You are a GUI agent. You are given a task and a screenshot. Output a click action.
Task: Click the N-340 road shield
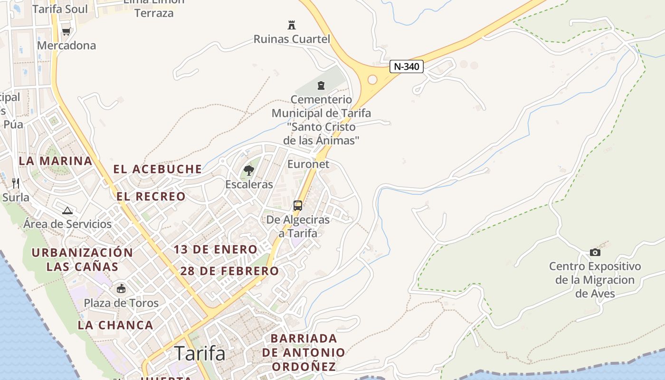coord(407,66)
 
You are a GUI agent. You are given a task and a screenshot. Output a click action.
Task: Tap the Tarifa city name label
coord(199,353)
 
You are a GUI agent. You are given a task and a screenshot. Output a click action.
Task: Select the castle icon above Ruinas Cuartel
coord(292,25)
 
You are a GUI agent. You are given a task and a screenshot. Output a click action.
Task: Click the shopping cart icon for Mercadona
coord(66,31)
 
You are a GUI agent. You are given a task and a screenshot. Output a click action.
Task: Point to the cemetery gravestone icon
coord(321,86)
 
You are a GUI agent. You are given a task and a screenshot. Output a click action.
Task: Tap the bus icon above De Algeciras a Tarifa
coord(298,206)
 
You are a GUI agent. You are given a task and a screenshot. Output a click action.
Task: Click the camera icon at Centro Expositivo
coord(595,252)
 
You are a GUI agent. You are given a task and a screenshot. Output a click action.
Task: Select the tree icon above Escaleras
coord(249,170)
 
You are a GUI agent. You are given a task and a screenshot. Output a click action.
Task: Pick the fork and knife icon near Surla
coord(16,183)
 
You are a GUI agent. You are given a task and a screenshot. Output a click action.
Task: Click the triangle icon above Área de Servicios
coord(67,210)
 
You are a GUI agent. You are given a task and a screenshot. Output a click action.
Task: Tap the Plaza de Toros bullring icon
coord(121,288)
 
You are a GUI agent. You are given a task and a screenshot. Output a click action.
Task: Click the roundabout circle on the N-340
coord(372,79)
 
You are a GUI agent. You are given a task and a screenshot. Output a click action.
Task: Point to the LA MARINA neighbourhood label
coord(56,161)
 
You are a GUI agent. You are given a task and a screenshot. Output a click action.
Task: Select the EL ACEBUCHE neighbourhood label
coord(157,169)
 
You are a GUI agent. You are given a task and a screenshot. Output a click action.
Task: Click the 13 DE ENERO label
coord(215,249)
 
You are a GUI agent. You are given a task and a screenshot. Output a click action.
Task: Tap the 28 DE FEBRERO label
coord(229,271)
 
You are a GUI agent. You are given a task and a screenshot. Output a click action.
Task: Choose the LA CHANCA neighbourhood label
coord(115,325)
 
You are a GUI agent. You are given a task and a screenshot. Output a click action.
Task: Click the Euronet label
coord(308,164)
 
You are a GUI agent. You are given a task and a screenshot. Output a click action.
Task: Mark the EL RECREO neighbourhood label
coord(151,197)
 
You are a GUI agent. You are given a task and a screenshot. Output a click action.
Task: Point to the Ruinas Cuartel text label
coord(292,39)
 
